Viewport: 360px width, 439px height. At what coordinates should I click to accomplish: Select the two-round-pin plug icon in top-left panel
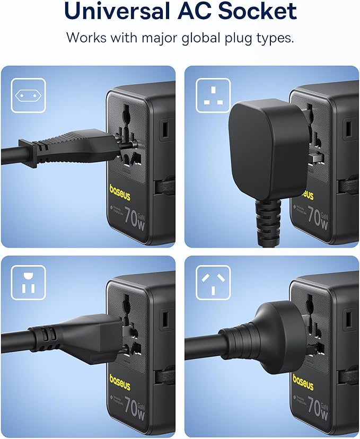click(x=28, y=95)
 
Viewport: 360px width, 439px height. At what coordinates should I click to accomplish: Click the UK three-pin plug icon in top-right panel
click(x=213, y=95)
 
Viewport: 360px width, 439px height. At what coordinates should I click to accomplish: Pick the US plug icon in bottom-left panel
click(x=28, y=283)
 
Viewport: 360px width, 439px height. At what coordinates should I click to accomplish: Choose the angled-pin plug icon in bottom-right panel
click(x=213, y=283)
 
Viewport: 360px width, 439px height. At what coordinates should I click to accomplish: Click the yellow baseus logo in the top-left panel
click(x=120, y=189)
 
